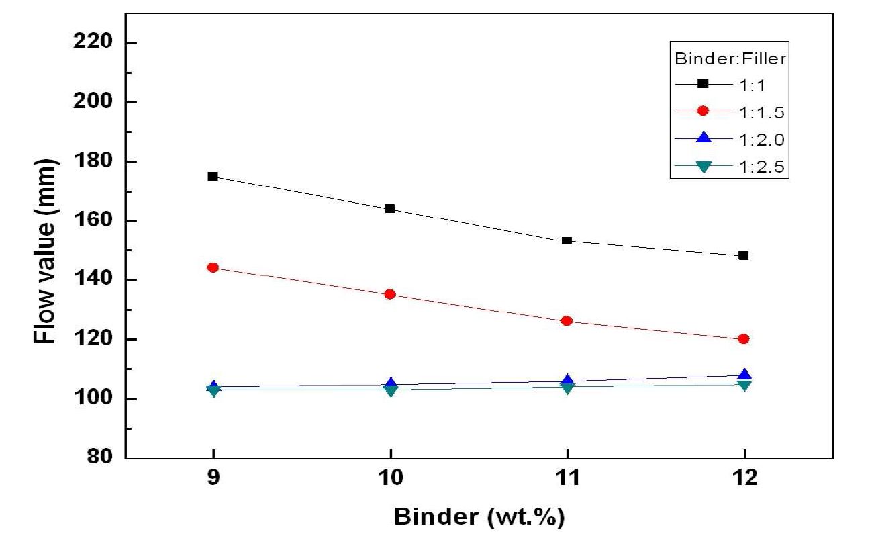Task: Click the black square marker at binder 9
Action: pos(213,176)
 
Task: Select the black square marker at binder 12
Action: pos(743,255)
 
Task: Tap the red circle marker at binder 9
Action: pos(213,267)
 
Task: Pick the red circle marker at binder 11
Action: pos(567,321)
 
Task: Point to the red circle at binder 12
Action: pos(743,339)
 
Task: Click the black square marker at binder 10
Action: pos(390,208)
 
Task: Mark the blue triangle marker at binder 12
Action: pos(743,375)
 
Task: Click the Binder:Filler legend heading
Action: pos(730,58)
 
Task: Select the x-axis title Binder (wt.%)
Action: pos(478,518)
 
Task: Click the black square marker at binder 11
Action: pos(567,240)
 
